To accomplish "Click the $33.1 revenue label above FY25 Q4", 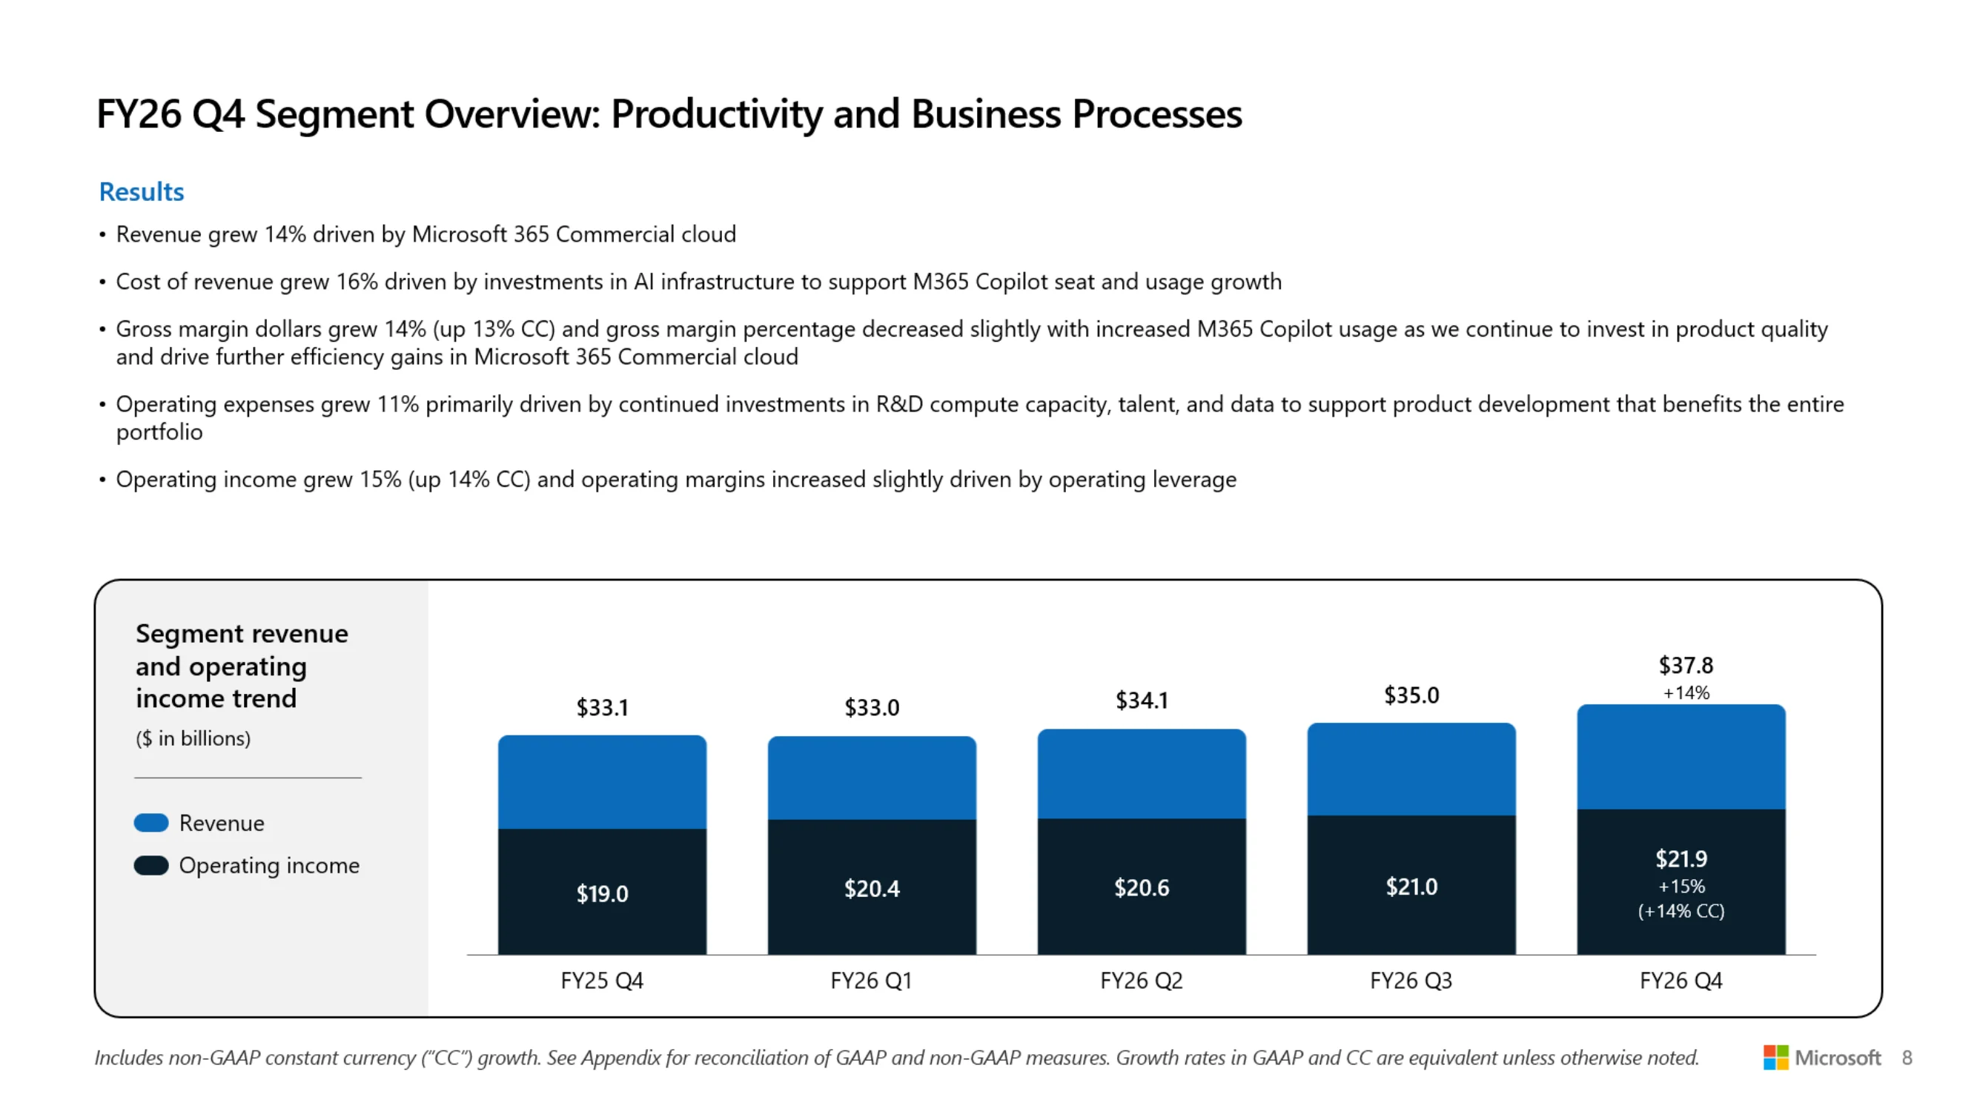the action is pyautogui.click(x=603, y=706).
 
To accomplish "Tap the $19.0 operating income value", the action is pyautogui.click(x=603, y=893).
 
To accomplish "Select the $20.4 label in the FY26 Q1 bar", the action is pyautogui.click(x=872, y=889).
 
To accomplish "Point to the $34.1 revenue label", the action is pyautogui.click(x=1142, y=700).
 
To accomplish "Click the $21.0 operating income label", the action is pyautogui.click(x=1411, y=887).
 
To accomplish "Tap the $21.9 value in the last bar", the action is pyautogui.click(x=1681, y=858).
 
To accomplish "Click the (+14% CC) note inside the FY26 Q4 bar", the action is pyautogui.click(x=1681, y=911).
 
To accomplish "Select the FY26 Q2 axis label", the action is pyautogui.click(x=1142, y=981).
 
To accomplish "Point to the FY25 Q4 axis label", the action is pyautogui.click(x=602, y=981).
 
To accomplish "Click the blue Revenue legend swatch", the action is pyautogui.click(x=151, y=823).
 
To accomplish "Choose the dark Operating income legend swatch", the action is pyautogui.click(x=151, y=866).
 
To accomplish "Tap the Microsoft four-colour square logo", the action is pyautogui.click(x=1775, y=1058).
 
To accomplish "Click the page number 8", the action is pyautogui.click(x=1907, y=1059).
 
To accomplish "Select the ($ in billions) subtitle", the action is pyautogui.click(x=193, y=738).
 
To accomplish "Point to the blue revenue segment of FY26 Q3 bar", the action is pyautogui.click(x=1411, y=769).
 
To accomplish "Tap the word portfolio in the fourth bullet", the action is pyautogui.click(x=159, y=433).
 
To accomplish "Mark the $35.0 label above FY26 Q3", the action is pyautogui.click(x=1411, y=695).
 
